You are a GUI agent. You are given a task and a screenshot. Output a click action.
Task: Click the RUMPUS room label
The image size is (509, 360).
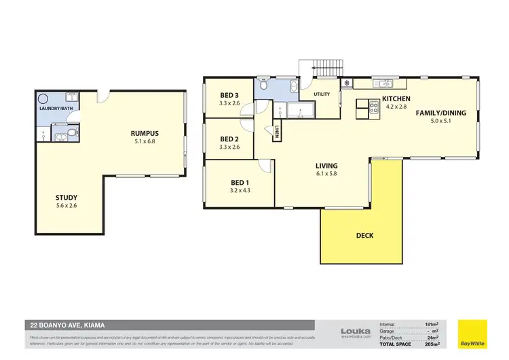(145, 133)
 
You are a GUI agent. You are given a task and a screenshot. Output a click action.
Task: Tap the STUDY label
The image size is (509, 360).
(66, 198)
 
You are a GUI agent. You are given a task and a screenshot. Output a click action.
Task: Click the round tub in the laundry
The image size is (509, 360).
(43, 97)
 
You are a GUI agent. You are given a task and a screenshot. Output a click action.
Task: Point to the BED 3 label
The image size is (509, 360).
(229, 95)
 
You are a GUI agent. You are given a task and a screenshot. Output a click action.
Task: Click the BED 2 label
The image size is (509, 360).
(229, 138)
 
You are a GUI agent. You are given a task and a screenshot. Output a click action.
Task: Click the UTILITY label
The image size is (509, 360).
(321, 94)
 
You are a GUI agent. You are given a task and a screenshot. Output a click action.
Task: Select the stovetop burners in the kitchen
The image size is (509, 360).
(373, 105)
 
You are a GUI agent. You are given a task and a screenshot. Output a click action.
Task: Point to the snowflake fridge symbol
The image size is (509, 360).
(347, 83)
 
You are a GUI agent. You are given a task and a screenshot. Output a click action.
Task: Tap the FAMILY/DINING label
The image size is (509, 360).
(440, 113)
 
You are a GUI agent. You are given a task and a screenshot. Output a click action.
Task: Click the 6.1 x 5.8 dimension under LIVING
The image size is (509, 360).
(326, 174)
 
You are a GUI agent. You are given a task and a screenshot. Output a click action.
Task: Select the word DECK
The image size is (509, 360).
(364, 236)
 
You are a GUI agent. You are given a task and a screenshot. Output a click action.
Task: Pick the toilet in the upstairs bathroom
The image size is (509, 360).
(293, 86)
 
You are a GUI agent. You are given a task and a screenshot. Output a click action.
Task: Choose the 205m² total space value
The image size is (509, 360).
(431, 343)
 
